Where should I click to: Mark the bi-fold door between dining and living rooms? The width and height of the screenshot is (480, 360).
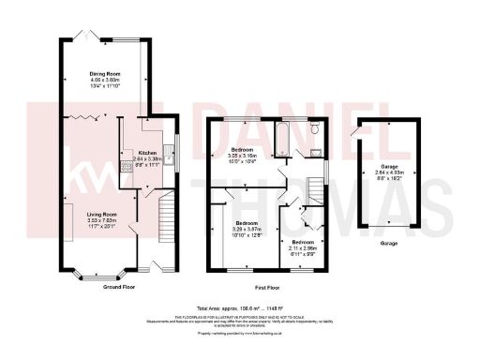[86, 118]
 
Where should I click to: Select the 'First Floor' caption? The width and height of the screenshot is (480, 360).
[269, 286]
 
